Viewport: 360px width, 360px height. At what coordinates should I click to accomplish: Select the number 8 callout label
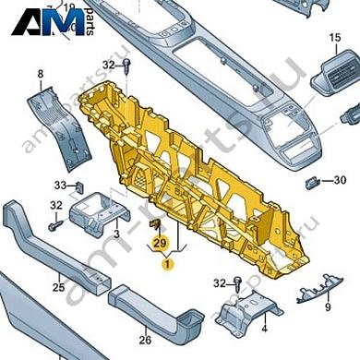coord(40,73)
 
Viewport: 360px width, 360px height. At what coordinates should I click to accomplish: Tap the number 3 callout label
coord(116,234)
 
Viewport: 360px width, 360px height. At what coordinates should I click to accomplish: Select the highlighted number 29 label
coord(160,243)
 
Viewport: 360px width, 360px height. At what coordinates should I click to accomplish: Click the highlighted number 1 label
coord(167,264)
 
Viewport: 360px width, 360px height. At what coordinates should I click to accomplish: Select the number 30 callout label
coord(339,179)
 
